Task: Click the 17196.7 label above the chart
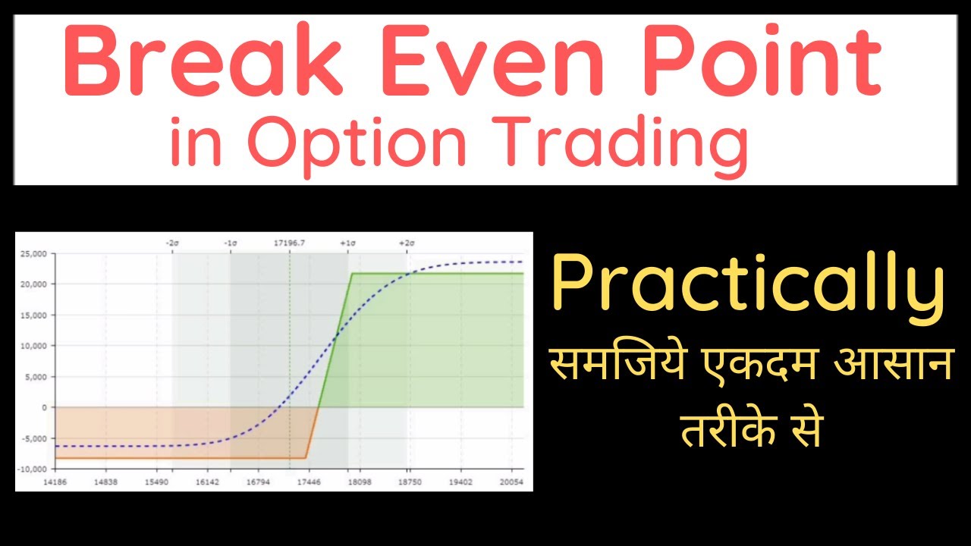[x=289, y=243]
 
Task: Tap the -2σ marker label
[x=172, y=243]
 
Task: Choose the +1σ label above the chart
[x=348, y=243]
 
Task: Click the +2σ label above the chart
[x=407, y=243]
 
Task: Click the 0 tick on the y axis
[x=45, y=407]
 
